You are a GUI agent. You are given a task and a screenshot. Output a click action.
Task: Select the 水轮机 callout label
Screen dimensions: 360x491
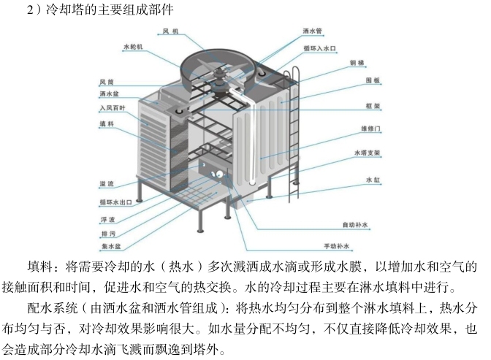click(134, 46)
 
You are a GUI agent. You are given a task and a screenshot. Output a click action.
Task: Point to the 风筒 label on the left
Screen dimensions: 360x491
click(106, 81)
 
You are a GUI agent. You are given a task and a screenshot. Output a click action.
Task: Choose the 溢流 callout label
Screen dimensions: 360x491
click(105, 184)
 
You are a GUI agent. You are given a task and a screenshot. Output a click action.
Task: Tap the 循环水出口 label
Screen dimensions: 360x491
click(114, 202)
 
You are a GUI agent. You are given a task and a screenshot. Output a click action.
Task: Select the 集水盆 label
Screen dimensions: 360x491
click(110, 247)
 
